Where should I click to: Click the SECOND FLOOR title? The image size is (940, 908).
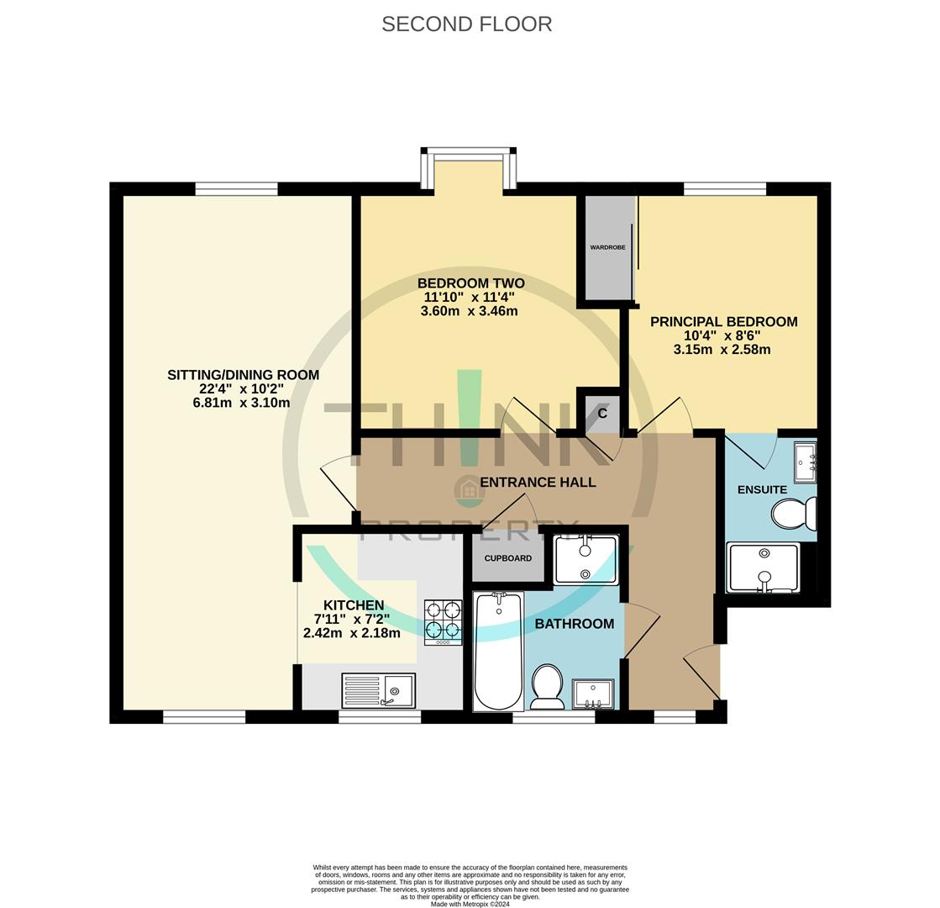tap(466, 24)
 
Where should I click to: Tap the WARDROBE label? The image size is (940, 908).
tap(607, 247)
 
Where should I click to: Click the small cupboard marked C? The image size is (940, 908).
tap(601, 413)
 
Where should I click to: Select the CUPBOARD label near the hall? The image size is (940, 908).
tap(507, 558)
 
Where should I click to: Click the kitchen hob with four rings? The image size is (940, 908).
tap(443, 622)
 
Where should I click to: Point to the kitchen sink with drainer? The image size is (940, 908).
tap(378, 690)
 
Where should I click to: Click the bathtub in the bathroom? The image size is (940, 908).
tap(498, 652)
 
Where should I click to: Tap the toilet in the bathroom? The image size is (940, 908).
tap(548, 686)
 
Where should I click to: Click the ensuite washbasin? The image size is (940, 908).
tap(805, 461)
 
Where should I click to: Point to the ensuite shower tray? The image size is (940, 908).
tap(763, 567)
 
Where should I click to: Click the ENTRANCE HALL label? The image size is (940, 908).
tap(538, 483)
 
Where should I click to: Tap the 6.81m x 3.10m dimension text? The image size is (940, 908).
tap(241, 403)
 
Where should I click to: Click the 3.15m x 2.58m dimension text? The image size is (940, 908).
tap(722, 349)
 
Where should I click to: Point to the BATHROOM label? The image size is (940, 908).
tap(574, 624)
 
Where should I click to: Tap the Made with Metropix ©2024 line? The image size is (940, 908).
tap(470, 904)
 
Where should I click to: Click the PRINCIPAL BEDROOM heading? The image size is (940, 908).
tap(723, 321)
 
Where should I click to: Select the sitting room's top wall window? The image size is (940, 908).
tap(236, 189)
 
